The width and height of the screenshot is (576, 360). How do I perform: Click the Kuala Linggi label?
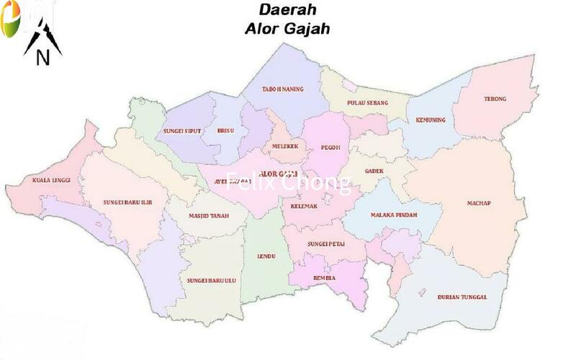[x=46, y=180]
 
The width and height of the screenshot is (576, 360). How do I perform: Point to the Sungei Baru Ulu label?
[x=212, y=280]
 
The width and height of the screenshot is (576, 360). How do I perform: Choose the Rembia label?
[x=324, y=277]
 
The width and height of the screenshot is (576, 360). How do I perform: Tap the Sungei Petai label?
[x=326, y=244]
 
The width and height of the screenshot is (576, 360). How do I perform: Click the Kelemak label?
[x=305, y=207]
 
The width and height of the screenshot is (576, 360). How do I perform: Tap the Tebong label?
[x=495, y=99]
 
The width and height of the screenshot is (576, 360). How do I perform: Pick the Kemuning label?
[x=430, y=120]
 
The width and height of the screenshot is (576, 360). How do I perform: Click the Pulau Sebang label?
[x=367, y=103]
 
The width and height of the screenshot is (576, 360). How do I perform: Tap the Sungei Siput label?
[x=181, y=131]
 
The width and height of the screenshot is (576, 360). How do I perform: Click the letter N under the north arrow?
[x=42, y=58]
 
